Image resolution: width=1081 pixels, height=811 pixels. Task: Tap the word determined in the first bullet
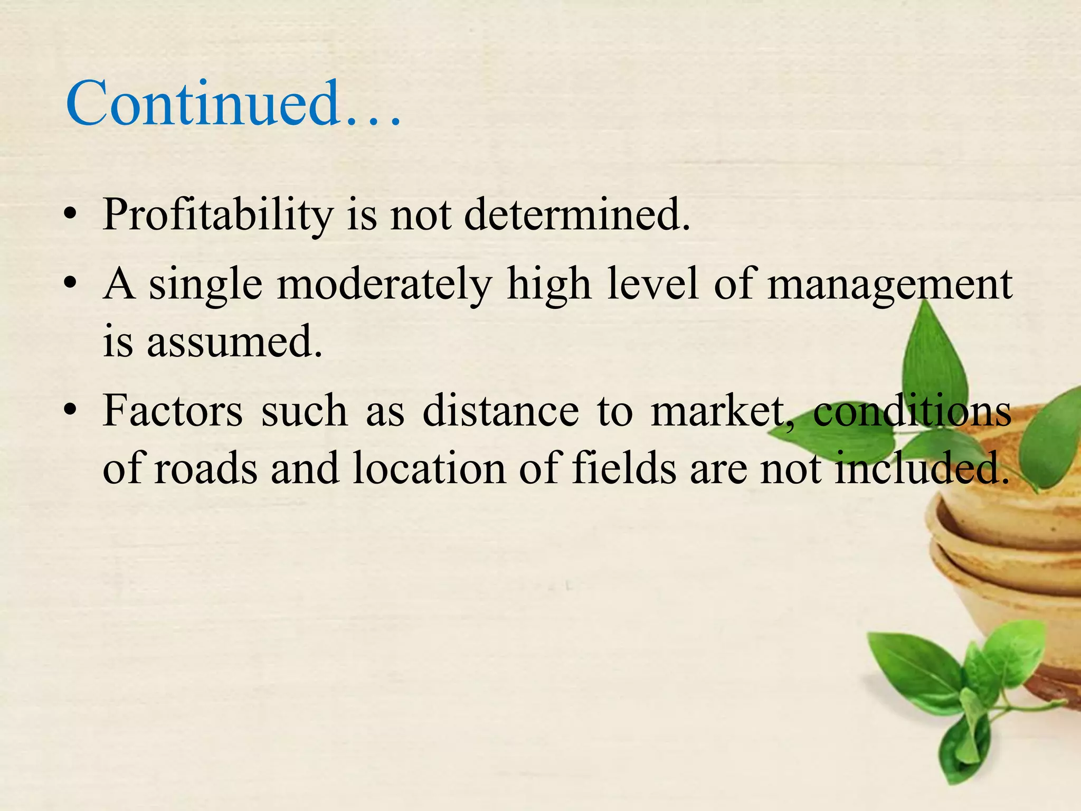(x=577, y=214)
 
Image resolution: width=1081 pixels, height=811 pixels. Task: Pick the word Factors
(x=173, y=411)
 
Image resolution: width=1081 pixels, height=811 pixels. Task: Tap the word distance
(x=500, y=411)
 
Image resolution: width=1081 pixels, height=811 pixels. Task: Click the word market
(x=718, y=411)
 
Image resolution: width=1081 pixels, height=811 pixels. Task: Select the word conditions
(x=912, y=411)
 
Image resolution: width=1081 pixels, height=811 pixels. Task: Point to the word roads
(x=206, y=468)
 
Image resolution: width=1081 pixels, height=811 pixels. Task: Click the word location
(x=429, y=468)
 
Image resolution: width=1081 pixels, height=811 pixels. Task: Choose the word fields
(x=624, y=468)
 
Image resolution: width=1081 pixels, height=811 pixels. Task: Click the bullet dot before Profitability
(x=69, y=216)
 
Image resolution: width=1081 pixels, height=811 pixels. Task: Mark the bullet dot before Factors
(x=69, y=412)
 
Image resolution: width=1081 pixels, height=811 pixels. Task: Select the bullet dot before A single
(x=69, y=286)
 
